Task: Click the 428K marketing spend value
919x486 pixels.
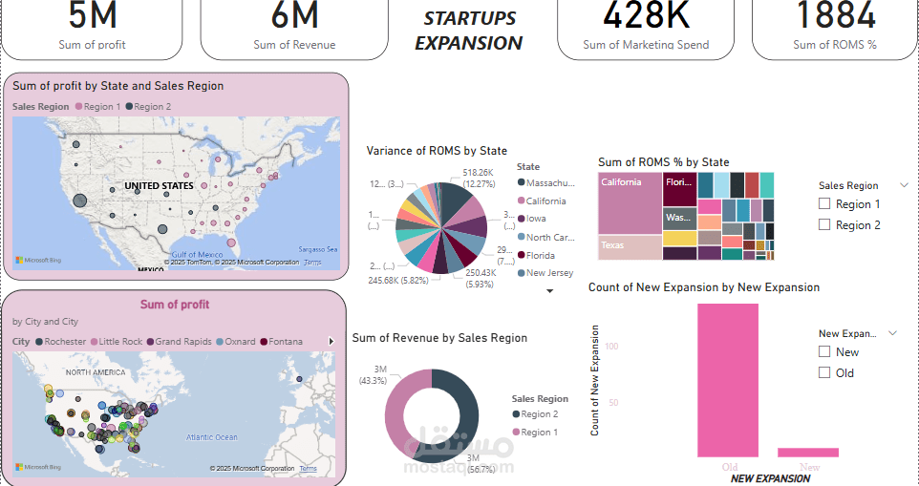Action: pyautogui.click(x=647, y=15)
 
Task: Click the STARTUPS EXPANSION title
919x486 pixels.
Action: pyautogui.click(x=469, y=31)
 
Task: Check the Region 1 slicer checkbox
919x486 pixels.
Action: pyautogui.click(x=825, y=204)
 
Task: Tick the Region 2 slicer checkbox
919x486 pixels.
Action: pyautogui.click(x=825, y=225)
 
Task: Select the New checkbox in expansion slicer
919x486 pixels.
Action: pyautogui.click(x=824, y=352)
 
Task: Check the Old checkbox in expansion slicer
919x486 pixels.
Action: pyautogui.click(x=824, y=373)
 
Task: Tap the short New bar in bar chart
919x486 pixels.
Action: pyautogui.click(x=808, y=452)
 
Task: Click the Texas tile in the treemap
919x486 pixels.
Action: pyautogui.click(x=630, y=247)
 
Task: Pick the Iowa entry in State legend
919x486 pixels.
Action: pyautogui.click(x=536, y=219)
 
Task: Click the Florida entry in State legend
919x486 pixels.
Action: pyautogui.click(x=540, y=255)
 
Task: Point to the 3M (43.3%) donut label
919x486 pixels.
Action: pyautogui.click(x=373, y=374)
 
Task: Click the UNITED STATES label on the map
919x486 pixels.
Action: pyautogui.click(x=159, y=185)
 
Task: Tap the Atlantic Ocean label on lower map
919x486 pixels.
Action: pyautogui.click(x=211, y=437)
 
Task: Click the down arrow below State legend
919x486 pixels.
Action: pyautogui.click(x=549, y=291)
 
